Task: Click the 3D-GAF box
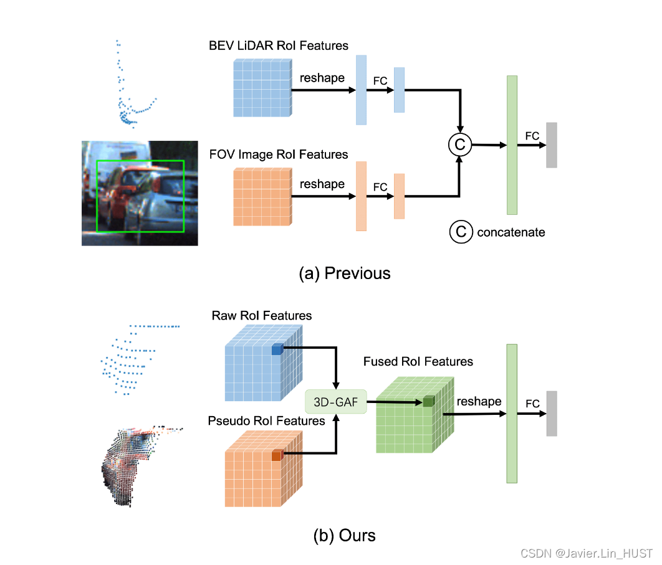point(335,402)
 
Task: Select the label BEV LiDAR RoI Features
point(279,45)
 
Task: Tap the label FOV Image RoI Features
point(279,154)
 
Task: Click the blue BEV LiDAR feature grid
point(262,88)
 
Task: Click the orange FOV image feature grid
point(262,196)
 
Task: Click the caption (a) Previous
point(344,273)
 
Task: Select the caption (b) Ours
point(344,534)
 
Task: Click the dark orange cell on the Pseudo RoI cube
point(277,456)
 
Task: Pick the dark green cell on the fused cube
point(428,402)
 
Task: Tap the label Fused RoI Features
point(418,361)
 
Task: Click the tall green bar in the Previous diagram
point(512,145)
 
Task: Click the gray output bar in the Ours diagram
point(551,414)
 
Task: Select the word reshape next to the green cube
point(479,401)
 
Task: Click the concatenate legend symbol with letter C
point(460,232)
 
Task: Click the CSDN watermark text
point(586,553)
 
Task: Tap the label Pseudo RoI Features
point(266,421)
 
